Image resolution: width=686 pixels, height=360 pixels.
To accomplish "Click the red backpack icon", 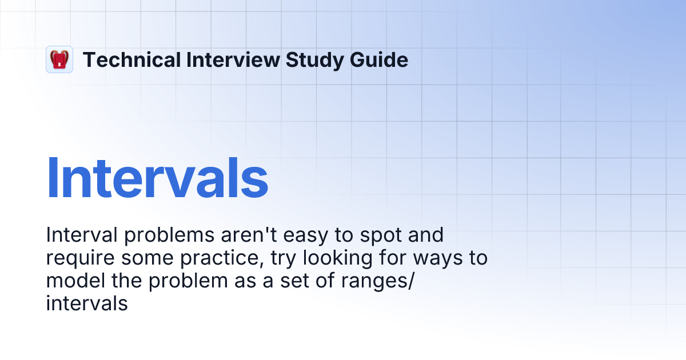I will (x=59, y=59).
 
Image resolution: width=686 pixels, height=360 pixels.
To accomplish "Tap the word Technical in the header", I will (x=131, y=59).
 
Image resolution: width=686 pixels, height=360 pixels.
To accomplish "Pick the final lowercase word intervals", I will (x=86, y=304).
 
